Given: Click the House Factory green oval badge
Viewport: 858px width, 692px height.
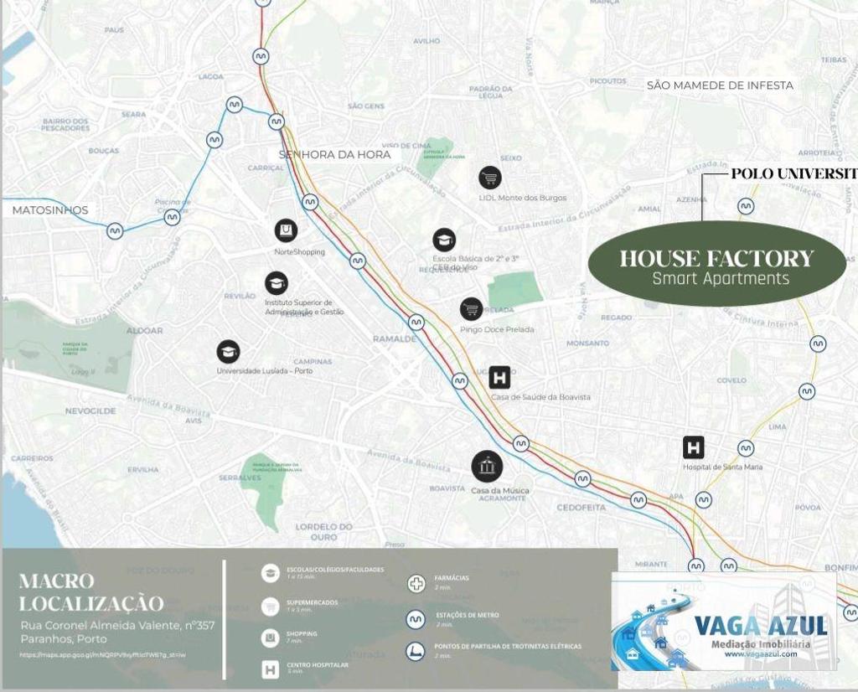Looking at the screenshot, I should click(716, 264).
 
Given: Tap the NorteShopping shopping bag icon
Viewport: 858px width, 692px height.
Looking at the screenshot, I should click(286, 230).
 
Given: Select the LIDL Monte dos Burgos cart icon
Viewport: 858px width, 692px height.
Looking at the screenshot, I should click(490, 178).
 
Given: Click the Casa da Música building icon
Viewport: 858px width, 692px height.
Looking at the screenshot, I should click(487, 466).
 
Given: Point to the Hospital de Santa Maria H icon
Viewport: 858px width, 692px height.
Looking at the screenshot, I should click(693, 447).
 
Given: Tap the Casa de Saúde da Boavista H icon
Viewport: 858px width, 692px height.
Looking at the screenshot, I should click(499, 378).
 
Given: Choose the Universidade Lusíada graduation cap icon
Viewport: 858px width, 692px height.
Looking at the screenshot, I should click(228, 352).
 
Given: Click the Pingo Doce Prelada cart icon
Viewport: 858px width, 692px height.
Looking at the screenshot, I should click(472, 309).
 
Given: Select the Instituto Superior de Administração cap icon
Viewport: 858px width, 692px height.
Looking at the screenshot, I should click(277, 283).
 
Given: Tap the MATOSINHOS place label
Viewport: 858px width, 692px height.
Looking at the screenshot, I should click(50, 210).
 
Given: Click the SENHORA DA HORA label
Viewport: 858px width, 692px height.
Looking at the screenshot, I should click(335, 154).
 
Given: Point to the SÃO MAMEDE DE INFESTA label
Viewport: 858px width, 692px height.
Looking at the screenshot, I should click(720, 85).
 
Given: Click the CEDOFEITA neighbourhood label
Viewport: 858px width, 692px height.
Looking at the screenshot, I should click(581, 508).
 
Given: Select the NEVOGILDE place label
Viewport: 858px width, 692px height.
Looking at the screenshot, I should click(90, 411).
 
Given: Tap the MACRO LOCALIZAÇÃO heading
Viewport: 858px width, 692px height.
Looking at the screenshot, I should click(91, 591).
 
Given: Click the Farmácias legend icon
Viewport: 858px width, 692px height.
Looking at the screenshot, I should click(416, 583).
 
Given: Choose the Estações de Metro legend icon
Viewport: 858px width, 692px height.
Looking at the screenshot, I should click(416, 619).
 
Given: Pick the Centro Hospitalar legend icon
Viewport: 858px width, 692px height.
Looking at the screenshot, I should click(271, 669).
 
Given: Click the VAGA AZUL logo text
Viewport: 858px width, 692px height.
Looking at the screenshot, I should click(760, 626).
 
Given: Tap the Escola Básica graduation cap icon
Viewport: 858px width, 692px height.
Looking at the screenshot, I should click(444, 240).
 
